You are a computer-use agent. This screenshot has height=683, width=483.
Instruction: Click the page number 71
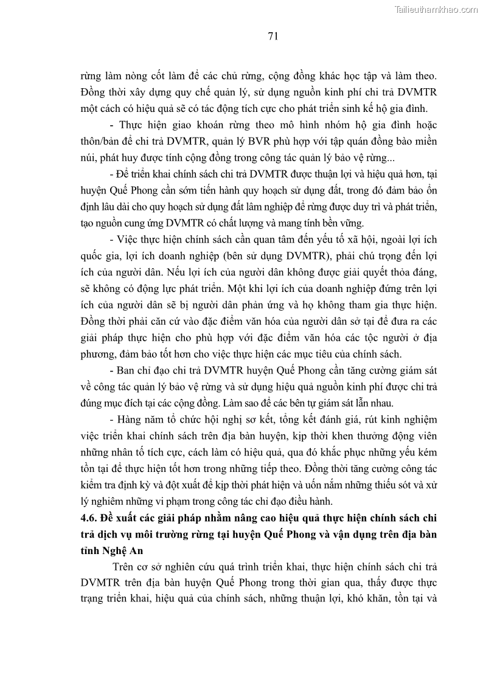point(273,36)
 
